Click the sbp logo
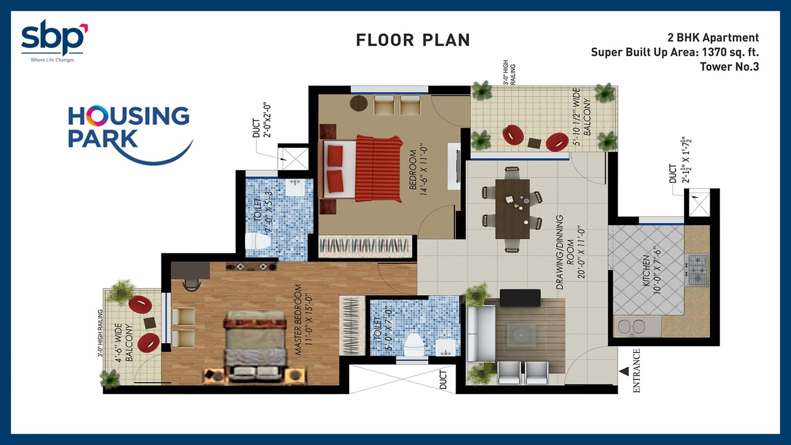coord(54,40)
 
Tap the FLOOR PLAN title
coord(413,40)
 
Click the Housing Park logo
coord(130,134)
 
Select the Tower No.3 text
coord(729,67)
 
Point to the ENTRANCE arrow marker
coord(624,371)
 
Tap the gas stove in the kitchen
coord(696,270)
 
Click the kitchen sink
coord(638,326)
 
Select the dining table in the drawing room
coord(512,209)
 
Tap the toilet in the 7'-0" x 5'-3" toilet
coord(258,241)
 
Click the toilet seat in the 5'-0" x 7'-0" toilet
coord(413,345)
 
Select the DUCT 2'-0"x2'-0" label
coord(262,121)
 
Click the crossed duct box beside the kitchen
coord(699,204)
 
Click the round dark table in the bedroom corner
coord(359,103)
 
